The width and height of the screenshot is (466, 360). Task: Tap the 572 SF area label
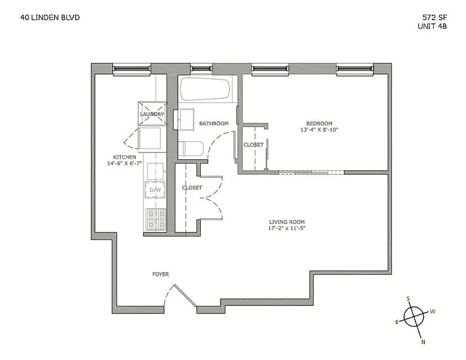(x=434, y=18)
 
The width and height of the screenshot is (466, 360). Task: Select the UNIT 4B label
(x=432, y=26)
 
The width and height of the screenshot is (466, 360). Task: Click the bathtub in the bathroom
(x=205, y=90)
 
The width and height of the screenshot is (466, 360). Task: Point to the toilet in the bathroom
(x=191, y=149)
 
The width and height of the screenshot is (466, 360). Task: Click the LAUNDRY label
(x=152, y=114)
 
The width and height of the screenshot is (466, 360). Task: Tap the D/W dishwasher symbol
(x=155, y=190)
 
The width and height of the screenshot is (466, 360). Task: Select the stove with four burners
(x=155, y=220)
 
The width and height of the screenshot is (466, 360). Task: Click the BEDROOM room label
(x=319, y=124)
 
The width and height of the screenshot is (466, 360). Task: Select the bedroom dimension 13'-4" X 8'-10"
(x=319, y=130)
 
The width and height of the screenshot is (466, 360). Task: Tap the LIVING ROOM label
(x=287, y=222)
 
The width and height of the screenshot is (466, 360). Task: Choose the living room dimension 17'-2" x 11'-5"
(x=287, y=228)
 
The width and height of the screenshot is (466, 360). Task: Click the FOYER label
(x=160, y=274)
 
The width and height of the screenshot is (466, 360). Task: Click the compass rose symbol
(x=414, y=316)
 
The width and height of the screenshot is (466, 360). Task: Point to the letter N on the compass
(x=423, y=342)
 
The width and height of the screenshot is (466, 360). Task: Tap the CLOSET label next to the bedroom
(x=253, y=145)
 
